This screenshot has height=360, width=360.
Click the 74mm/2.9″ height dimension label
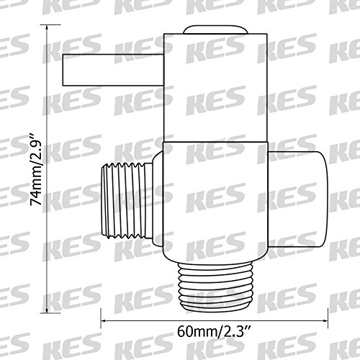click(x=36, y=168)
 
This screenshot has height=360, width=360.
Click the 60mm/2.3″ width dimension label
click(x=214, y=331)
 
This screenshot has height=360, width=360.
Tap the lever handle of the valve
click(x=113, y=70)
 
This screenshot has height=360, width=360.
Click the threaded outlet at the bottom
click(x=215, y=287)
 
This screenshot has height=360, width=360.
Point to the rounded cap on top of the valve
click(x=215, y=30)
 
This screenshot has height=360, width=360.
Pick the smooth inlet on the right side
click(x=297, y=199)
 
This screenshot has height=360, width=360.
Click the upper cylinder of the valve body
click(x=215, y=88)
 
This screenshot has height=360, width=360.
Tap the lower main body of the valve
click(x=215, y=202)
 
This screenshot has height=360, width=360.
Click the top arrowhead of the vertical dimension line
click(x=47, y=27)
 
